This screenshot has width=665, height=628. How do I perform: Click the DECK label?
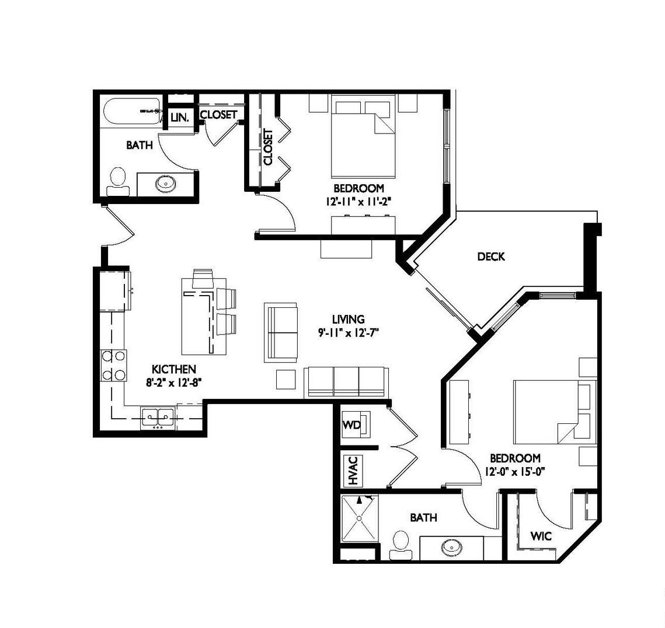point(490,257)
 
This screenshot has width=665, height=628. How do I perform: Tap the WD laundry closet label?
point(351,424)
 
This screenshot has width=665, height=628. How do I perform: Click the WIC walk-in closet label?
point(541,536)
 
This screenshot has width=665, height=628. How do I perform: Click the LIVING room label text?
point(348,319)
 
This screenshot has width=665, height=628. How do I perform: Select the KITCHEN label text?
point(174,369)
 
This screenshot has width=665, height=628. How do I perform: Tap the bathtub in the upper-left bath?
point(133,111)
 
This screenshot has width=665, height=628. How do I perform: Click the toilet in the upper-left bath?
point(117,182)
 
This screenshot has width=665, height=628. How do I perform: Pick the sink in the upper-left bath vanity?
point(164,184)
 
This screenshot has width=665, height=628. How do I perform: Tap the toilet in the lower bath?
point(401,545)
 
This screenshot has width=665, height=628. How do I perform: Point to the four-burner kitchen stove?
point(113,366)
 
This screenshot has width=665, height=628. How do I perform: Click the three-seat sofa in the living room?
point(346,382)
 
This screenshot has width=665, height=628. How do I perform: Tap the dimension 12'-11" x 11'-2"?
point(358,202)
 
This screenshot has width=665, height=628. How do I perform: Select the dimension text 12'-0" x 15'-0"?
point(515,471)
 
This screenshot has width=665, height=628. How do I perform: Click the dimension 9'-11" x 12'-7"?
point(348,333)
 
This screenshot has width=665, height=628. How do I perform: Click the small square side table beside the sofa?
point(286,379)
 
